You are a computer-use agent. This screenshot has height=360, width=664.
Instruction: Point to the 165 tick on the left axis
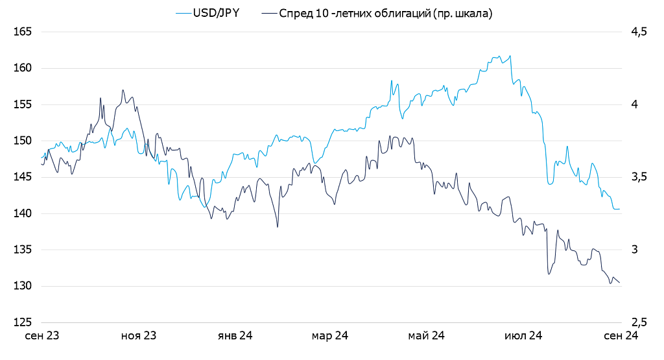(x=23, y=32)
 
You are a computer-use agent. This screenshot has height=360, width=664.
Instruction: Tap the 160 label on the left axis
(x=23, y=68)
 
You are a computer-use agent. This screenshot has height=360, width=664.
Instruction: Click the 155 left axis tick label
(x=23, y=104)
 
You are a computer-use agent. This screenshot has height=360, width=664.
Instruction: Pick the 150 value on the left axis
(x=23, y=141)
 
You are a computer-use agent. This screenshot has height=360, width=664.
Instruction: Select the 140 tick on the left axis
(x=23, y=213)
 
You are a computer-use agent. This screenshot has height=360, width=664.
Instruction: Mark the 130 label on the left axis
(x=23, y=286)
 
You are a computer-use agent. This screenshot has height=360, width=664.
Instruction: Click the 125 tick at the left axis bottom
(x=23, y=322)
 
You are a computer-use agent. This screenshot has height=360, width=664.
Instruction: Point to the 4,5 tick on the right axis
(x=639, y=32)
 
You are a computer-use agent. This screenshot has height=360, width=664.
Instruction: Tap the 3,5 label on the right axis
(x=639, y=177)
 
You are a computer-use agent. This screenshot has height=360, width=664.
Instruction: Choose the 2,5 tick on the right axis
(x=639, y=322)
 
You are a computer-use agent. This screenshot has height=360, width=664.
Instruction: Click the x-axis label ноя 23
(x=139, y=336)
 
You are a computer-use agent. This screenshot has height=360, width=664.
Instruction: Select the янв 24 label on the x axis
(x=235, y=336)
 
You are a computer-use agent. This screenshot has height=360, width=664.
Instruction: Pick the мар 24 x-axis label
(x=330, y=336)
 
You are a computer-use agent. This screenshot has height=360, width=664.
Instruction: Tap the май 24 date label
(x=426, y=336)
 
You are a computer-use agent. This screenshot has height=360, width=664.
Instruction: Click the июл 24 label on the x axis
(x=523, y=336)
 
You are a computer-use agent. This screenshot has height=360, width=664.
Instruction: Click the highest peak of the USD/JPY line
(x=511, y=55)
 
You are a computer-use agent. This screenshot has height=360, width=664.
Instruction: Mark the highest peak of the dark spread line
(x=123, y=90)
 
